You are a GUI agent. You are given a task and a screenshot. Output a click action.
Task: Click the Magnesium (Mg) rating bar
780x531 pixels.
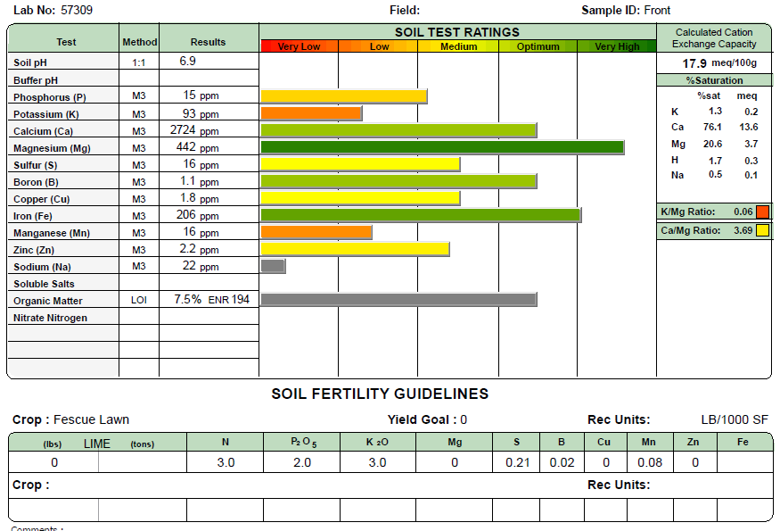click(442, 147)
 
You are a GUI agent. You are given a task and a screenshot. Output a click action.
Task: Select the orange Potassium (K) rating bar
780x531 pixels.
click(311, 113)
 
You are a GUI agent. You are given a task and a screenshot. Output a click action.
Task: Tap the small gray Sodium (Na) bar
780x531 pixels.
click(273, 266)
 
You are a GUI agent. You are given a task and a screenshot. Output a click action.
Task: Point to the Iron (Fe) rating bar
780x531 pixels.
click(421, 215)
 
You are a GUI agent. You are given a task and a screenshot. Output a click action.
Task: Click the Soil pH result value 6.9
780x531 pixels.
click(187, 62)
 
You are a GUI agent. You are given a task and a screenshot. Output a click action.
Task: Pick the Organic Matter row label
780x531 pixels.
click(48, 301)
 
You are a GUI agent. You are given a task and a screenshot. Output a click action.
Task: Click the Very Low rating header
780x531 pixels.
click(299, 46)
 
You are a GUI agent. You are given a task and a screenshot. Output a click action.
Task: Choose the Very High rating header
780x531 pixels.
click(617, 46)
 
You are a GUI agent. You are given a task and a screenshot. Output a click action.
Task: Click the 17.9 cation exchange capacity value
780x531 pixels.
click(694, 63)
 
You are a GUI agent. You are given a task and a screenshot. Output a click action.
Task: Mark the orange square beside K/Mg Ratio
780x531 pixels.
click(762, 212)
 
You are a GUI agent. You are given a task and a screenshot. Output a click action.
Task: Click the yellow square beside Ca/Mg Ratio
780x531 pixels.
click(762, 230)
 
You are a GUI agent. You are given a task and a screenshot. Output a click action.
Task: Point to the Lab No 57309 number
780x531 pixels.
click(77, 11)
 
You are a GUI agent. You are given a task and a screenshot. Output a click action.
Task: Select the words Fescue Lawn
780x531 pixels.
click(91, 419)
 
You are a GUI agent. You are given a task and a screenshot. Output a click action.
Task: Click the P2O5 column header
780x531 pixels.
click(301, 442)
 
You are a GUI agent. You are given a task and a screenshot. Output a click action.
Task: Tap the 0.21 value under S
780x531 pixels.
click(518, 462)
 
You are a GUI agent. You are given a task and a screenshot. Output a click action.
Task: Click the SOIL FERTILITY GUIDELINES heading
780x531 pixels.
click(380, 394)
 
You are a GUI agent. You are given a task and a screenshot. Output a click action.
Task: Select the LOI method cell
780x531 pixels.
click(139, 301)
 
